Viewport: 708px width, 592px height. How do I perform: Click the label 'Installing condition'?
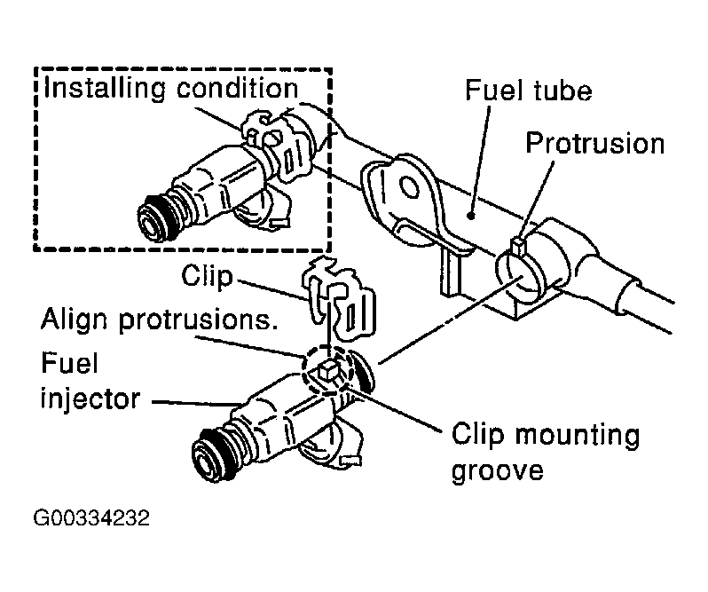(x=170, y=88)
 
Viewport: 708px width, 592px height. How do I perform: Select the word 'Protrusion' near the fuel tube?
(x=594, y=143)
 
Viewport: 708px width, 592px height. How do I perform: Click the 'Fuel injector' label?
(x=88, y=381)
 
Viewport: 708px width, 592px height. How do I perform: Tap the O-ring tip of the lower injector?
(x=213, y=454)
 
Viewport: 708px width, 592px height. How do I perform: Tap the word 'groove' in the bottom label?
(x=497, y=470)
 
